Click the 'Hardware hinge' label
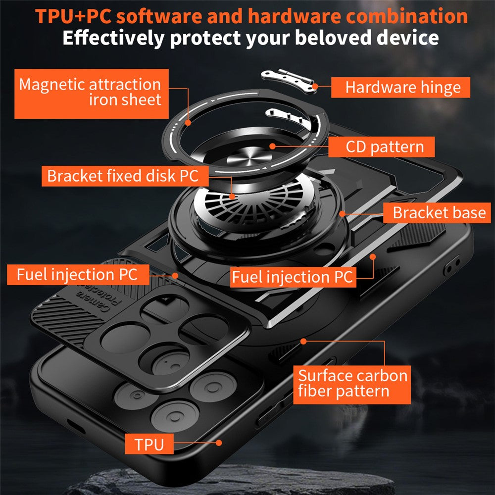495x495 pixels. pyautogui.click(x=400, y=88)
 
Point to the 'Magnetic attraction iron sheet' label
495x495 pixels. pyautogui.click(x=91, y=93)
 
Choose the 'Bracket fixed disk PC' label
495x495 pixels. pyautogui.click(x=122, y=176)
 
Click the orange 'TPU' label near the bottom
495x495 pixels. pyautogui.click(x=149, y=444)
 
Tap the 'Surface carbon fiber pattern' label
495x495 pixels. pyautogui.click(x=352, y=384)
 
